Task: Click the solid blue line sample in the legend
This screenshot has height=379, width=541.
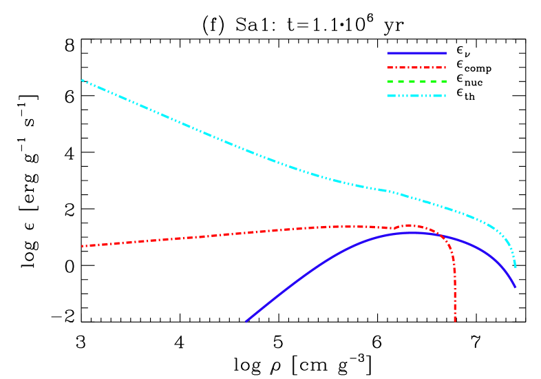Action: click(x=416, y=53)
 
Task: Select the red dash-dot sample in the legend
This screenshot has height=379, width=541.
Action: click(x=416, y=68)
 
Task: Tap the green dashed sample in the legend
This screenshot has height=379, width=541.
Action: click(x=416, y=81)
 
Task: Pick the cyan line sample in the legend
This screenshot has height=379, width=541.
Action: click(x=416, y=96)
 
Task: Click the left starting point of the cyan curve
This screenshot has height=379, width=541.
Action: click(x=82, y=80)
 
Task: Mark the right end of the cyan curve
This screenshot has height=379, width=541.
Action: click(x=515, y=267)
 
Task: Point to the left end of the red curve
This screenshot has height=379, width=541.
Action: click(x=82, y=246)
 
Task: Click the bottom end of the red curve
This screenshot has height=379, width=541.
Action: click(x=455, y=320)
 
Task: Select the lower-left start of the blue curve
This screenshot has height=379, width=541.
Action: click(x=246, y=321)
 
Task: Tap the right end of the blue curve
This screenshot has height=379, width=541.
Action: click(x=516, y=287)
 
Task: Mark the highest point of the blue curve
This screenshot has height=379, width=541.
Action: click(x=413, y=232)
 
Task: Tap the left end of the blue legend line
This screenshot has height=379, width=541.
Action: click(x=388, y=53)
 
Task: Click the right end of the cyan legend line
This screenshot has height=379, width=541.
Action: click(x=445, y=96)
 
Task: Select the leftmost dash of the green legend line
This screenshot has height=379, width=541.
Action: click(x=390, y=81)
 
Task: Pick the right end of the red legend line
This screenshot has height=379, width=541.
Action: click(x=445, y=68)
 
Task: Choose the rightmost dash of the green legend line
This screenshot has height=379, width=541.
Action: click(x=443, y=81)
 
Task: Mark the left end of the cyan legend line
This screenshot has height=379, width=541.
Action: click(x=388, y=96)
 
